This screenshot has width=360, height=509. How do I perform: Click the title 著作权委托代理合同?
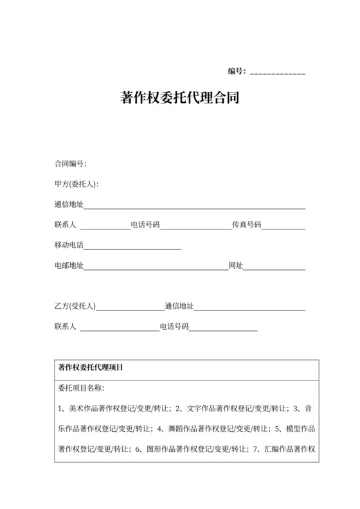(x=179, y=98)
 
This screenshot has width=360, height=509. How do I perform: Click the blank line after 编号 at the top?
(x=277, y=71)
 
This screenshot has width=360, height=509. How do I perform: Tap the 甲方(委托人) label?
(x=76, y=184)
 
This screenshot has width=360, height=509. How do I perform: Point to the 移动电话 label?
(x=69, y=245)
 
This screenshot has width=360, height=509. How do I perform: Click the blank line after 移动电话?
(x=132, y=247)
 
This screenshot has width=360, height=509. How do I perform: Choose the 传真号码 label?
(x=246, y=225)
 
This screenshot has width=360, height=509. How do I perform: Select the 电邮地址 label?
(x=69, y=265)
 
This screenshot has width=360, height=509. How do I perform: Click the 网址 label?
(x=235, y=265)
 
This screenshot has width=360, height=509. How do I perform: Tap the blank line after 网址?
(x=274, y=267)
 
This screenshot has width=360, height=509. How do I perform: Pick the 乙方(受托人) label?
(x=75, y=306)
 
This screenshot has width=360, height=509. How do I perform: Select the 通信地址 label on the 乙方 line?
(x=179, y=306)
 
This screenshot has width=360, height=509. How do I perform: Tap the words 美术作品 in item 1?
(x=82, y=408)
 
